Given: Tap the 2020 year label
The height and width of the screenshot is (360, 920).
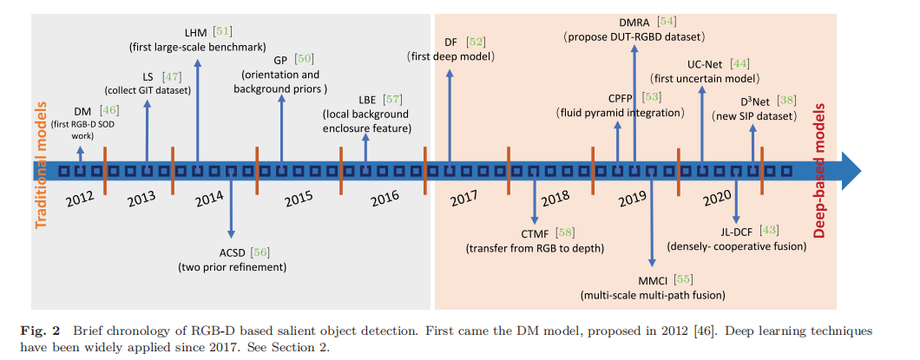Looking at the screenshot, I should tap(717, 198).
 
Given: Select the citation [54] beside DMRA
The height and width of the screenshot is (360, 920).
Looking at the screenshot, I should tap(667, 20).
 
